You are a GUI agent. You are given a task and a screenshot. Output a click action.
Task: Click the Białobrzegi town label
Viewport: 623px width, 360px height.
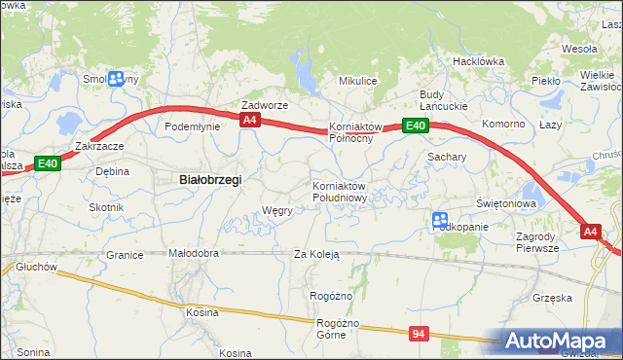pos(210,180)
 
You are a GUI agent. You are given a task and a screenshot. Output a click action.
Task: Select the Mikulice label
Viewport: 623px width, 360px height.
pos(356,81)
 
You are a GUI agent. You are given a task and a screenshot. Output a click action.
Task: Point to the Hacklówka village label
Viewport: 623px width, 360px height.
pos(477,60)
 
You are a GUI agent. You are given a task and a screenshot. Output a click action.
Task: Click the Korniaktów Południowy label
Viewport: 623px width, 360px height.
pos(339,192)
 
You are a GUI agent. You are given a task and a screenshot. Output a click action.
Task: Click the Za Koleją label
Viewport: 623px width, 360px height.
pos(316,254)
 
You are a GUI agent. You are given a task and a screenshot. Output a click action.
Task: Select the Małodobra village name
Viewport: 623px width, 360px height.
pos(194,253)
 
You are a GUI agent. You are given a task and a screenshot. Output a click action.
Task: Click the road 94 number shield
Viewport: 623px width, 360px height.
pos(419,334)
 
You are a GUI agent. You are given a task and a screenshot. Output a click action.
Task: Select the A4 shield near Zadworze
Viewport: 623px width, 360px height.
pos(250,120)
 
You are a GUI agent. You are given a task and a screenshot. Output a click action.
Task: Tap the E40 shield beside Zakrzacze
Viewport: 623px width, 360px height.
pos(49,164)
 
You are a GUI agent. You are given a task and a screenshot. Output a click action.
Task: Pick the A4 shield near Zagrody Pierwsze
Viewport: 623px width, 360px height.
pos(591,232)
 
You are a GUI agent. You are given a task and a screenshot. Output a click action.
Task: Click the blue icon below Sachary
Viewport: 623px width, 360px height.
pos(440,222)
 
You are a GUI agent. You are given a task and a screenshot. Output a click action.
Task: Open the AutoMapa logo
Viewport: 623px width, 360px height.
pos(559,342)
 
